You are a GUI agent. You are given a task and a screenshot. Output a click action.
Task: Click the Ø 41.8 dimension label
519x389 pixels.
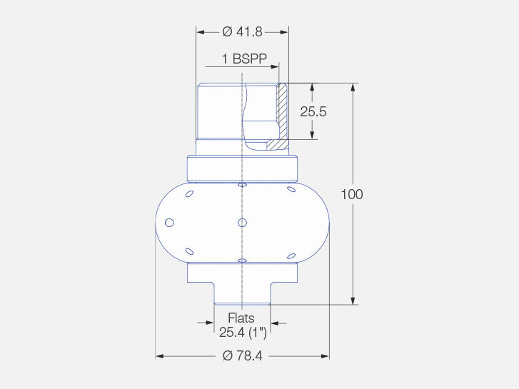[x=242, y=32]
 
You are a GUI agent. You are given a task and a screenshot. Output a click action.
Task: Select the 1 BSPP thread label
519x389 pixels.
[x=244, y=59]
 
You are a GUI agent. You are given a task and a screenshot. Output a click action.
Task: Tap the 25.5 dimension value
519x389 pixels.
[x=313, y=111]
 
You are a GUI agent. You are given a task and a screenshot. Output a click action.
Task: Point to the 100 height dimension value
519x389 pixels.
[x=352, y=194]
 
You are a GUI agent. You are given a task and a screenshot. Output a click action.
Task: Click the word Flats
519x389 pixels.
[x=241, y=318]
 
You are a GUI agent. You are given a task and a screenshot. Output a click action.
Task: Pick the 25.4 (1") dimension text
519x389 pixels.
[x=243, y=333]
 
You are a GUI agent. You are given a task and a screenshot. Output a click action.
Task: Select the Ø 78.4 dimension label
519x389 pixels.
[x=243, y=356]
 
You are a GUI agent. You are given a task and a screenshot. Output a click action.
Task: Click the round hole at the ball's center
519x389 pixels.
[x=242, y=223]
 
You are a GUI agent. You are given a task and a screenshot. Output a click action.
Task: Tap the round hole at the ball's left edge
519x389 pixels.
[x=169, y=223]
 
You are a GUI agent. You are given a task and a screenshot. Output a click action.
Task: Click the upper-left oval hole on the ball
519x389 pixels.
[x=189, y=193]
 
